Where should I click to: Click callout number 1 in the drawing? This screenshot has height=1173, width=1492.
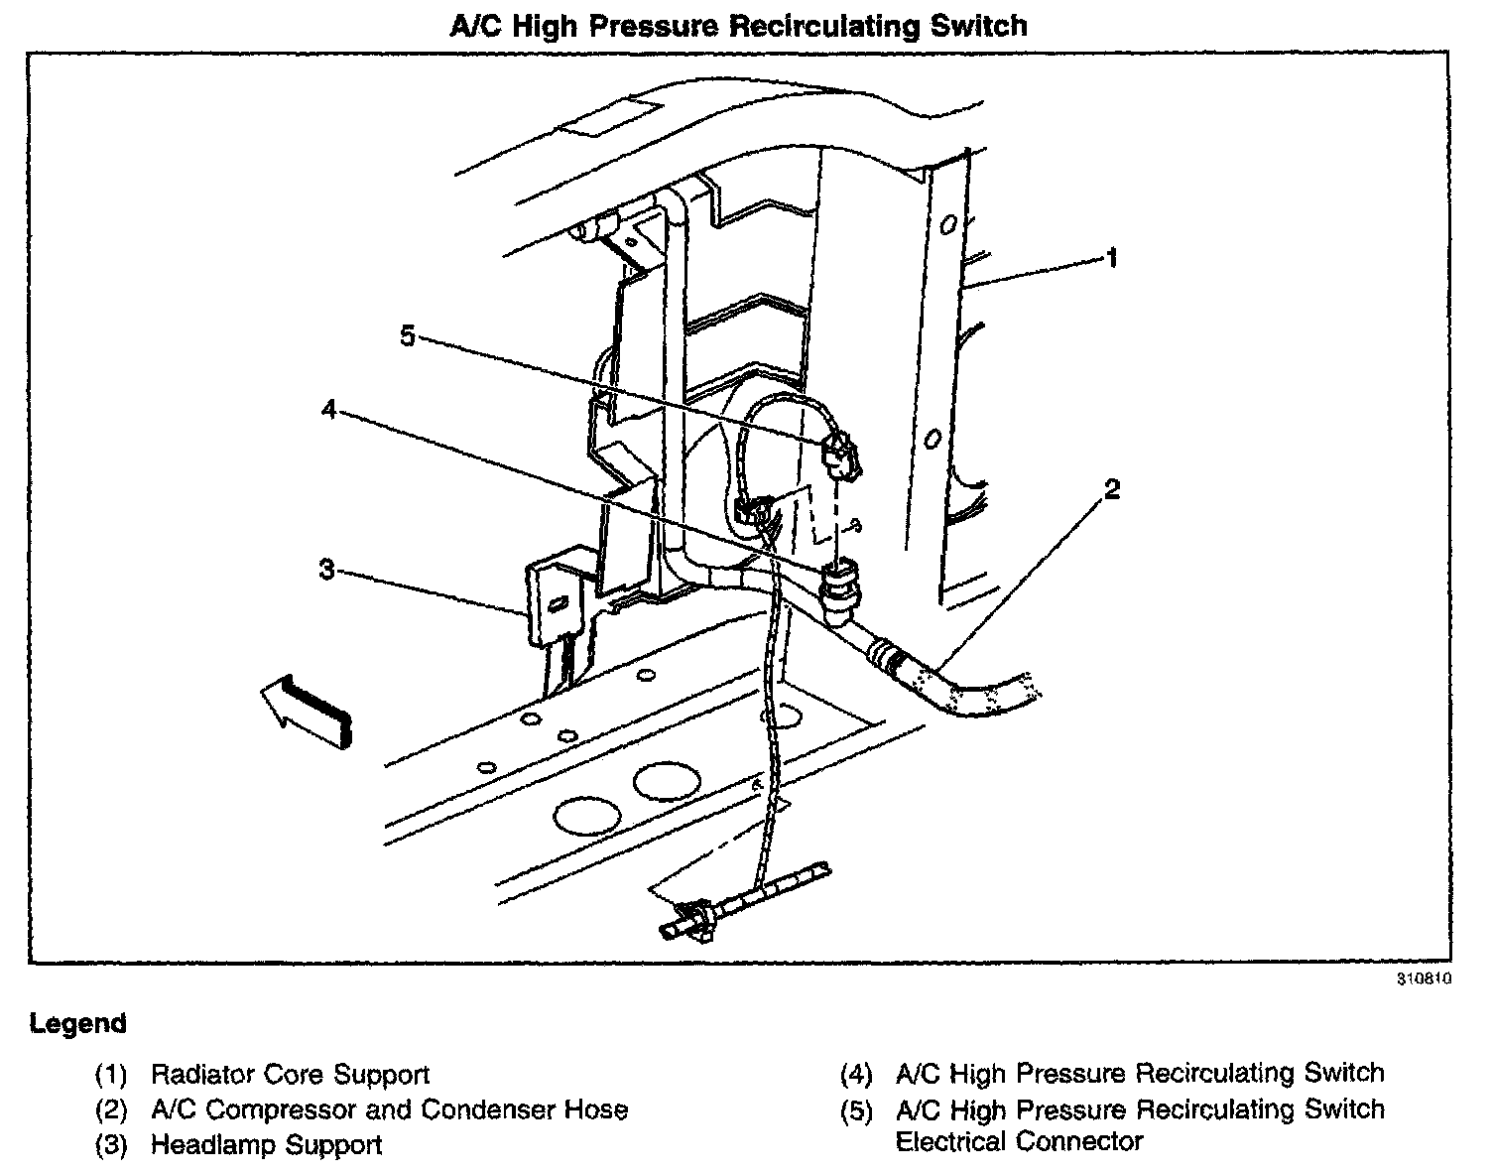tap(1112, 258)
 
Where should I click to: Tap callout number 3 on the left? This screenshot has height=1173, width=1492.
tap(326, 570)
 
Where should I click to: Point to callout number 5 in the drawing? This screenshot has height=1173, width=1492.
tap(407, 335)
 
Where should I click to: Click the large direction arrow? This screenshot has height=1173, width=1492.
tap(302, 707)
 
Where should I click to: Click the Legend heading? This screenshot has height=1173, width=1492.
tap(78, 1023)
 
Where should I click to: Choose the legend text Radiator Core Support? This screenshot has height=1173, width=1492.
tap(290, 1075)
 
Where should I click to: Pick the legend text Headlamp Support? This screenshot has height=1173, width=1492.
tap(266, 1144)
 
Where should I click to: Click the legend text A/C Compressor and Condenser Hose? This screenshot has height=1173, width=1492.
tap(389, 1109)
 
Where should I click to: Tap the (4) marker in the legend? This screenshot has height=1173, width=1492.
tap(856, 1075)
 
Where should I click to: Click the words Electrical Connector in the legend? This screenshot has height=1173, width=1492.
tap(1019, 1142)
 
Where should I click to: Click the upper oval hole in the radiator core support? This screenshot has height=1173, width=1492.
tap(947, 225)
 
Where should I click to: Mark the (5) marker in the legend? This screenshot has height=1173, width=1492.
tap(856, 1110)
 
